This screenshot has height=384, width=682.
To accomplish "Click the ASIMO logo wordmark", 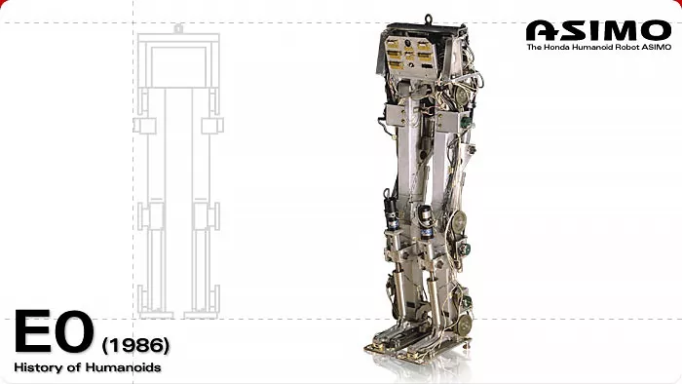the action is pos(598,30).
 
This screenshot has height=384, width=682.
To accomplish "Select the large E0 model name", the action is pos(55,331).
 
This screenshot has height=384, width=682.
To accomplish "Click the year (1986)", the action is pos(135,345).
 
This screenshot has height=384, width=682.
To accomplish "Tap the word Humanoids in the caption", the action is pos(124,367).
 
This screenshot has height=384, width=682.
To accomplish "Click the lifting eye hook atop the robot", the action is pos(429,19).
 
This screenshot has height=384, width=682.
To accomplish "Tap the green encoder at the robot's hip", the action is pos(466,121).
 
